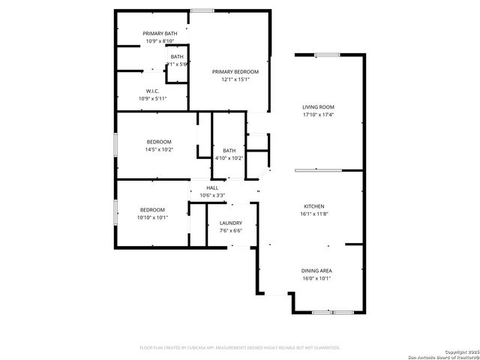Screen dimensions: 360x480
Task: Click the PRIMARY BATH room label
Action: (160, 34)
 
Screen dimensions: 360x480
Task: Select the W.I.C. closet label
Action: (151, 90)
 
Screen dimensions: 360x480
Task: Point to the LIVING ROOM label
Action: (318, 107)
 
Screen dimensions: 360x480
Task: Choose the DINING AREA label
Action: (317, 270)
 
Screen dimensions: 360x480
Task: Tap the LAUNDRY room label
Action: (230, 223)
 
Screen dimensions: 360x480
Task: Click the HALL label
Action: (212, 187)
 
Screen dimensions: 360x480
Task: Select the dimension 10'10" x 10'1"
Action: (152, 217)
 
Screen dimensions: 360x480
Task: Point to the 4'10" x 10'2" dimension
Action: (229, 158)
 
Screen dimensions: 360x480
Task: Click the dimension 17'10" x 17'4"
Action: (318, 115)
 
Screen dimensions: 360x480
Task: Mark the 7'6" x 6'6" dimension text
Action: (230, 231)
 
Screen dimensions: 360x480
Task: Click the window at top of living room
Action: (327, 54)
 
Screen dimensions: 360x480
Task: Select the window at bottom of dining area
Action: (333, 311)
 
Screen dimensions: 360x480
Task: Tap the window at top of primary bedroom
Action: (200, 10)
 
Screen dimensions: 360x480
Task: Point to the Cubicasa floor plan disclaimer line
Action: (240, 348)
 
